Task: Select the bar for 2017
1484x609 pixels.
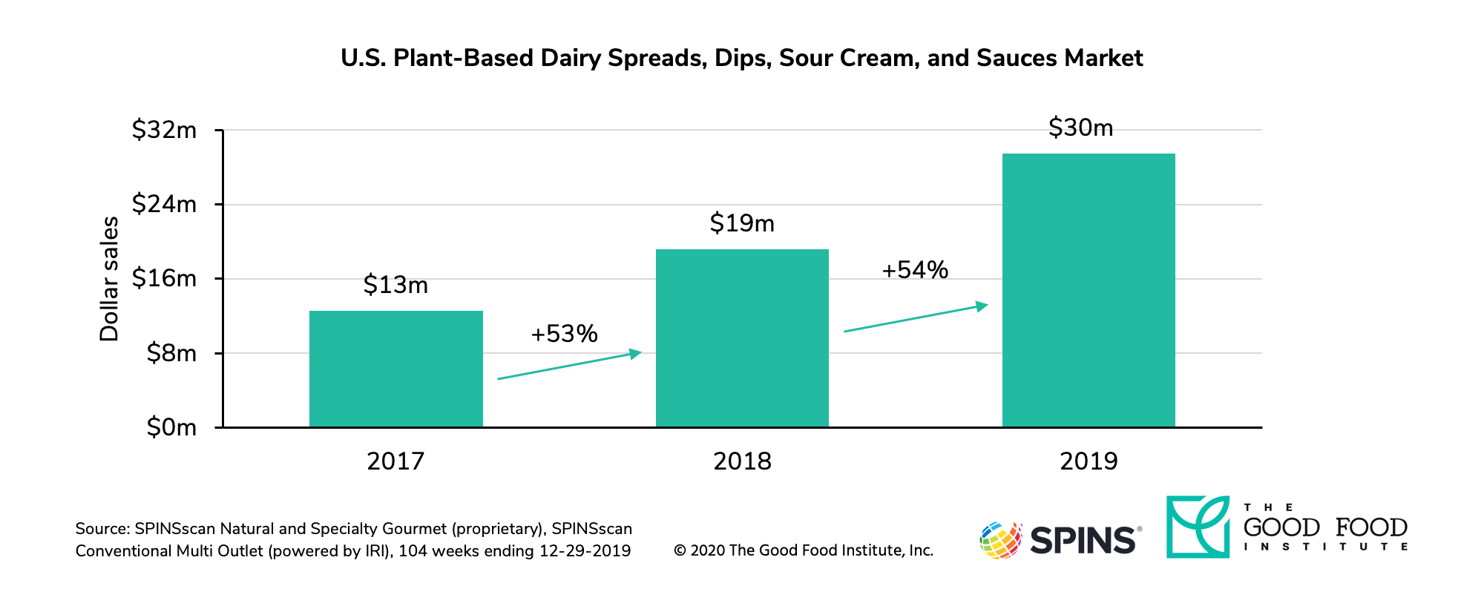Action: [395, 369]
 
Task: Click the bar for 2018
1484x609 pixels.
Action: [742, 338]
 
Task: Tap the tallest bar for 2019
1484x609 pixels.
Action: [1089, 290]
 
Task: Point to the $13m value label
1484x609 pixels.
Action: [395, 285]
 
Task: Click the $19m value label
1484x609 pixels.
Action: [742, 223]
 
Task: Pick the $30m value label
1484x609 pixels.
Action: [1080, 128]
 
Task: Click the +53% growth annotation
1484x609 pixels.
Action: [564, 334]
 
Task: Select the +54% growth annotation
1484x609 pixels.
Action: [914, 270]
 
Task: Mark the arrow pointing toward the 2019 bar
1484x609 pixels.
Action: [916, 317]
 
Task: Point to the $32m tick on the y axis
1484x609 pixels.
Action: [164, 131]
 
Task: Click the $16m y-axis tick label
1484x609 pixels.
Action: [164, 279]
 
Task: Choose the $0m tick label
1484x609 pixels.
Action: [171, 427]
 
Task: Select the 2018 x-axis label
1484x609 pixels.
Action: [742, 461]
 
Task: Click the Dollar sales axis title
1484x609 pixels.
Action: [109, 279]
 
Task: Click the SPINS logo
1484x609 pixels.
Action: [1060, 539]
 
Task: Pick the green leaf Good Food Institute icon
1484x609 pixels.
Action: [1198, 527]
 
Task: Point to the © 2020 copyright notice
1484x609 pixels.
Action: [803, 550]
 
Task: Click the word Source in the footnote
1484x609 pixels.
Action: [101, 529]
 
